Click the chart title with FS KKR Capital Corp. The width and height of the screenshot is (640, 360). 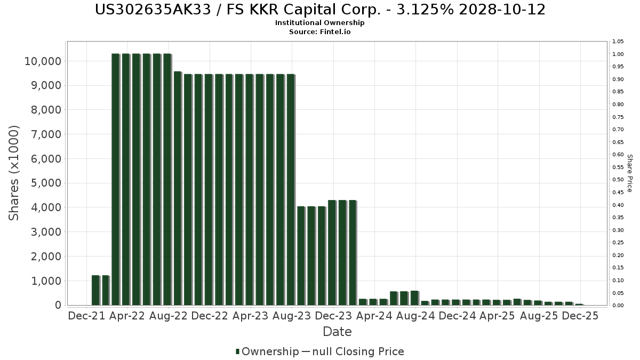pyautogui.click(x=320, y=10)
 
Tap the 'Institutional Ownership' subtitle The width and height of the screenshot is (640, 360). pyautogui.click(x=320, y=23)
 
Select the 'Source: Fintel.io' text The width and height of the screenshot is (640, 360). pyautogui.click(x=320, y=31)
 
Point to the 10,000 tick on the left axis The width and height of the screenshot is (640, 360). pyautogui.click(x=42, y=61)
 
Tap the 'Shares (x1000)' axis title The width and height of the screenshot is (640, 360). pyautogui.click(x=14, y=173)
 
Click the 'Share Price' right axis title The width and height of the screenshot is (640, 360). pyautogui.click(x=629, y=173)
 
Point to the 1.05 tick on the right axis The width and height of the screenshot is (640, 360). pyautogui.click(x=618, y=42)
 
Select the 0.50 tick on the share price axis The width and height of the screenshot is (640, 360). pyautogui.click(x=618, y=180)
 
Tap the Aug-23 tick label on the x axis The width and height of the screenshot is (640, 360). pyautogui.click(x=291, y=316)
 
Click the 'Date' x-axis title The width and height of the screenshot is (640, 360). pyautogui.click(x=337, y=332)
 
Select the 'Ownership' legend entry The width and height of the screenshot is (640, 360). pyautogui.click(x=267, y=351)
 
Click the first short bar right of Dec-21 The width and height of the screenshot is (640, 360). pyautogui.click(x=95, y=290)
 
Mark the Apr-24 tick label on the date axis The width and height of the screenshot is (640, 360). pyautogui.click(x=373, y=316)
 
